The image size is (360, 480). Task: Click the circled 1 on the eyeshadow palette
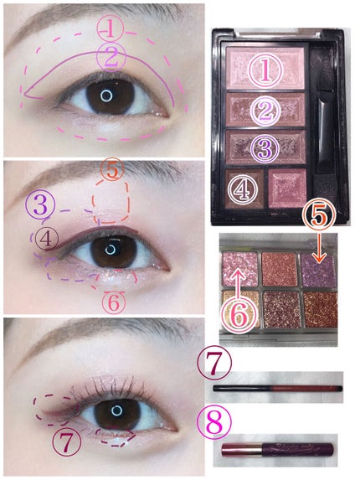(x=265, y=70)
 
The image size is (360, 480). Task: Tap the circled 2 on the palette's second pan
(x=265, y=111)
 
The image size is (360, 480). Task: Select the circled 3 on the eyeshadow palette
(x=265, y=148)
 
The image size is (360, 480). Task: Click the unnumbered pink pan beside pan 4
(x=287, y=188)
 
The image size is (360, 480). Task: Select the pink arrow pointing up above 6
(x=238, y=278)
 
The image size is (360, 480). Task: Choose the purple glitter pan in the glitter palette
(x=318, y=271)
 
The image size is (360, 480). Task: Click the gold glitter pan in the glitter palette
(x=240, y=308)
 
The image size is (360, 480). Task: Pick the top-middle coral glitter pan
(x=280, y=269)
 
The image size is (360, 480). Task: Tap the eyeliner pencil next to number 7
(x=277, y=389)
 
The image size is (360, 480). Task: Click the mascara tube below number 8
(x=277, y=449)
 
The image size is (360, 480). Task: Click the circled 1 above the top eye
(x=111, y=28)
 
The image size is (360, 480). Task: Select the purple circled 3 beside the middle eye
(x=41, y=204)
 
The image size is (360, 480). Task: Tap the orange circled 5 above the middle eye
(x=112, y=169)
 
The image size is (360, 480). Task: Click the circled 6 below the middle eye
(x=114, y=302)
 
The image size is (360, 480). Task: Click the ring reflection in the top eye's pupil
(x=106, y=96)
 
